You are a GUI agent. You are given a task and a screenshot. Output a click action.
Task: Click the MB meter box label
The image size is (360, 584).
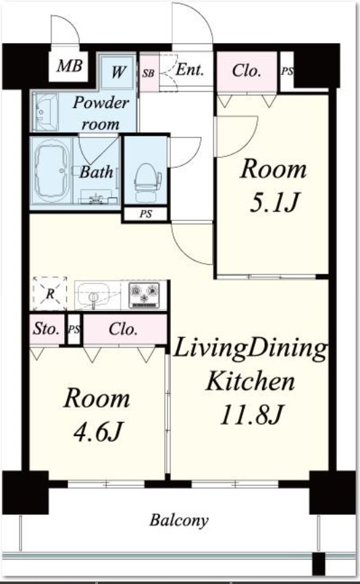pyautogui.click(x=70, y=66)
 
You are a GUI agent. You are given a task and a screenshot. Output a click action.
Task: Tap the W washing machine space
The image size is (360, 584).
pyautogui.click(x=118, y=72)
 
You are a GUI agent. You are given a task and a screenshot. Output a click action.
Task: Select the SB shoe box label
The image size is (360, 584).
pyautogui.click(x=148, y=72)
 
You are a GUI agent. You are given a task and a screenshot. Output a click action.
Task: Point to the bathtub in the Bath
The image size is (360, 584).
pyautogui.click(x=53, y=170)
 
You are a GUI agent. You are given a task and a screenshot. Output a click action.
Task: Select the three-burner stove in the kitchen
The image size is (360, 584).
pyautogui.click(x=144, y=295)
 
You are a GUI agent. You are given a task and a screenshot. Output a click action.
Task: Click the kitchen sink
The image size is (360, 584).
pyautogui.click(x=93, y=294)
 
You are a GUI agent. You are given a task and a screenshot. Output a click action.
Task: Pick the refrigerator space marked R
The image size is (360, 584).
pyautogui.click(x=50, y=294)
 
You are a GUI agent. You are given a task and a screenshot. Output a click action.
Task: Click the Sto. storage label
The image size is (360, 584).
pyautogui.click(x=46, y=329)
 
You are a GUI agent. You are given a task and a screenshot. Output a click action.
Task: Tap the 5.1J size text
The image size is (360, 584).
pyautogui.click(x=274, y=203)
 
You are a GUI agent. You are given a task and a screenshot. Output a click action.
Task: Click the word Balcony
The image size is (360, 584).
pyautogui.click(x=179, y=520)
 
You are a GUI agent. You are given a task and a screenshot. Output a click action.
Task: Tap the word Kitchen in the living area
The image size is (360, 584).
pyautogui.click(x=250, y=381)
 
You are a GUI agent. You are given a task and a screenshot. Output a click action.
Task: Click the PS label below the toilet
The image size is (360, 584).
pyautogui.click(x=146, y=214)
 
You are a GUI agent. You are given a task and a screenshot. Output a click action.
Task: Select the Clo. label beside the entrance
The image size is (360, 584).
pyautogui.click(x=246, y=70)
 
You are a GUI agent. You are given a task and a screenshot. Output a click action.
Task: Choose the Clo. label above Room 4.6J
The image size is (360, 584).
pyautogui.click(x=123, y=329)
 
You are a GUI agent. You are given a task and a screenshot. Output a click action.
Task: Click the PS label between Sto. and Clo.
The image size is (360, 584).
pyautogui.click(x=74, y=330)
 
